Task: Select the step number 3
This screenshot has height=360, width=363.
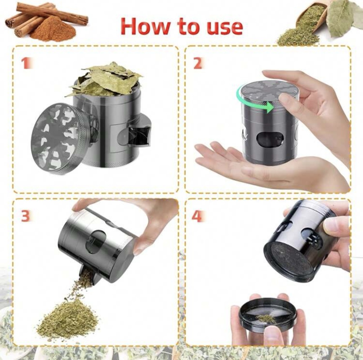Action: [26, 216]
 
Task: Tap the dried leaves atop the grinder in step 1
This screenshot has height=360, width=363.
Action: [105, 79]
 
